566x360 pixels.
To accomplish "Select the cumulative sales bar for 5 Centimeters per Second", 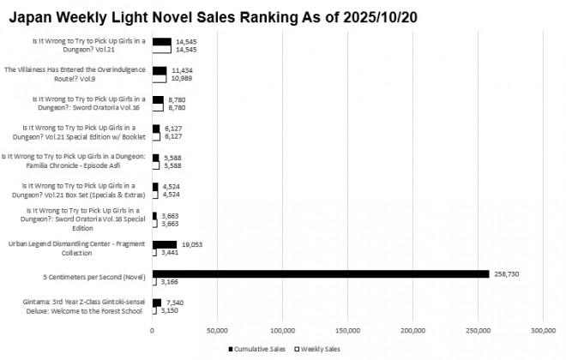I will click(320, 274).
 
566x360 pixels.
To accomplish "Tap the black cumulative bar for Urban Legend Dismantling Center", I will click(165, 245).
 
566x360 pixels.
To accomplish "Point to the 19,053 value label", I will click(191, 245).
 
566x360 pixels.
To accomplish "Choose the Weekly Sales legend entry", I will click(318, 350).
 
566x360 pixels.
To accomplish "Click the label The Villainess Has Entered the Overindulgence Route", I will click(76, 74).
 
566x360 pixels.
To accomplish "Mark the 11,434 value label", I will click(184, 70).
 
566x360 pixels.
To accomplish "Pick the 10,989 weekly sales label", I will click(182, 79).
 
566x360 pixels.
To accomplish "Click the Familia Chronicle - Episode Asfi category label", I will click(75, 161).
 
